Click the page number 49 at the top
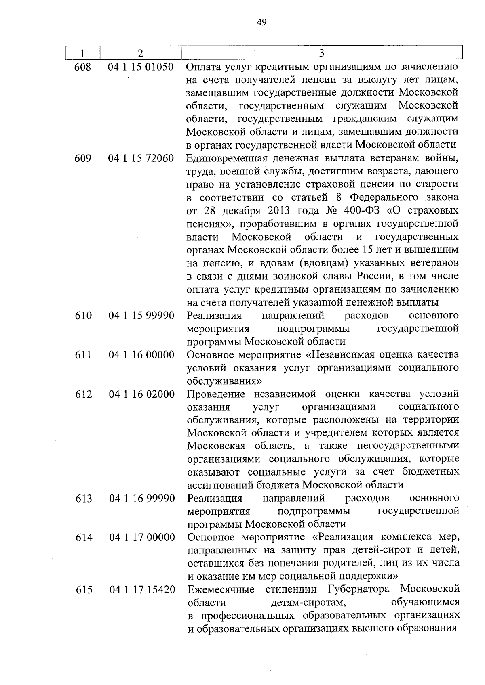coord(261,22)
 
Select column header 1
coord(82,53)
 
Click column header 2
coord(140,53)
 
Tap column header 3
coord(321,53)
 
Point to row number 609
coord(83,159)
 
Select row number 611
coord(83,355)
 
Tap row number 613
coord(84,499)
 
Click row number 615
coord(84,590)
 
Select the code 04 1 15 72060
coord(141,159)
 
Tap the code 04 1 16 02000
coord(141,394)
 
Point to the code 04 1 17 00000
coord(142,538)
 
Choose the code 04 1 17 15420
coord(142,590)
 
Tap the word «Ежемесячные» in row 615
coord(221,590)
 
